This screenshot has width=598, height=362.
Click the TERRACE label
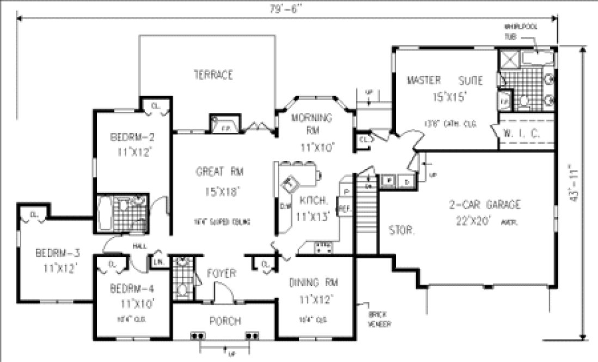pos(213,75)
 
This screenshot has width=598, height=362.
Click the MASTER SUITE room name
pos(444,81)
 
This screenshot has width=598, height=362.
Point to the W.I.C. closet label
pos(526,132)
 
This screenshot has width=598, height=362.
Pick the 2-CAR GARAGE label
pos(477,205)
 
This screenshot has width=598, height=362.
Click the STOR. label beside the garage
pos(401,231)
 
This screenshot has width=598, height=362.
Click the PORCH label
pos(225,321)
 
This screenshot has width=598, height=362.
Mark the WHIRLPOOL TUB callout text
pos(515,31)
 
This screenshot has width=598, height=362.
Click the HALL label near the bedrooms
pos(139,246)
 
